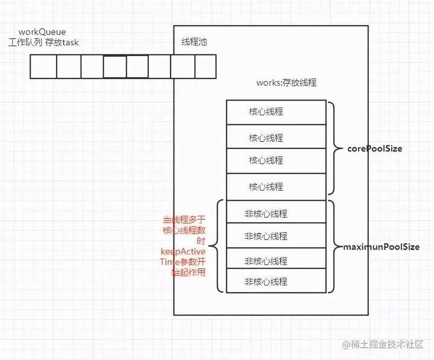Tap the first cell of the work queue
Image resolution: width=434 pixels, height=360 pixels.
coord(43,67)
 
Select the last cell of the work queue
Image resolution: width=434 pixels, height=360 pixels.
coord(205,67)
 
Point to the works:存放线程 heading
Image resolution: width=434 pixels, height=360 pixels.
coord(286,83)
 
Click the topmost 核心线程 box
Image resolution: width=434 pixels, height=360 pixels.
coord(276,112)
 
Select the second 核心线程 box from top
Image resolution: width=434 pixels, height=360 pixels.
coord(276,138)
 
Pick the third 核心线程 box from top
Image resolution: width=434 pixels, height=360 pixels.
coord(276,160)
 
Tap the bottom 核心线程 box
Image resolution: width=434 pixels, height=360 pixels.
coord(276,186)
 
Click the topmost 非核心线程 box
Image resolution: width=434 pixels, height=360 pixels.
coord(276,213)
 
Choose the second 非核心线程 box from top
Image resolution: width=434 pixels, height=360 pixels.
coord(276,236)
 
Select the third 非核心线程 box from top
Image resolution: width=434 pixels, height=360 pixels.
coord(276,261)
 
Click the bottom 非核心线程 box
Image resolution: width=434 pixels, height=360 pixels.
coord(276,282)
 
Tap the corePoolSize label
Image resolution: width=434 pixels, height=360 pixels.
coord(374,148)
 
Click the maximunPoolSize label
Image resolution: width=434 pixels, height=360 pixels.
coord(381,247)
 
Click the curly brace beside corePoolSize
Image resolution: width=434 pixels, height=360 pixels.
coord(335,148)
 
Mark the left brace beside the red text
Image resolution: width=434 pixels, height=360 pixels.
coord(219,246)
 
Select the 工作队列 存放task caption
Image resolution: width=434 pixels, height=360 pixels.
coord(43,42)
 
